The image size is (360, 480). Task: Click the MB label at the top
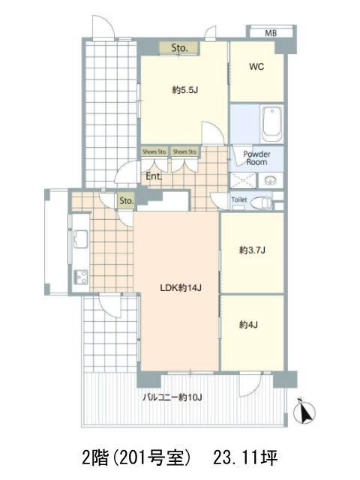pyautogui.click(x=271, y=33)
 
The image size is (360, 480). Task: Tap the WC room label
pyautogui.click(x=256, y=67)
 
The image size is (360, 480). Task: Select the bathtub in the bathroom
pyautogui.click(x=271, y=124)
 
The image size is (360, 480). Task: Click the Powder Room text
pyautogui.click(x=256, y=158)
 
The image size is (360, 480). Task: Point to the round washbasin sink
pyautogui.click(x=271, y=180)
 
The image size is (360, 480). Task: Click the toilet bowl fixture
pyautogui.click(x=261, y=202)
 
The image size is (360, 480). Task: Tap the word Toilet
pyautogui.click(x=239, y=199)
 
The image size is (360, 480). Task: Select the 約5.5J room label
pyautogui.click(x=185, y=90)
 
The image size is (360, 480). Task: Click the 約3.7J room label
pyautogui.click(x=252, y=250)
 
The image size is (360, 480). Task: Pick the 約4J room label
pyautogui.click(x=248, y=324)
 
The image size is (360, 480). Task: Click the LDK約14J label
pyautogui.click(x=181, y=288)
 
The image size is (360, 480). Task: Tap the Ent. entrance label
pyautogui.click(x=154, y=176)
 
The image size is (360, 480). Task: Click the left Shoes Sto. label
pyautogui.click(x=154, y=151)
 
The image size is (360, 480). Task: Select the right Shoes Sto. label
pyautogui.click(x=185, y=151)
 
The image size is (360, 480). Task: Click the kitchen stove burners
pyautogui.click(x=80, y=277)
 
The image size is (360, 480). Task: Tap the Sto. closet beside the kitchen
pyautogui.click(x=127, y=201)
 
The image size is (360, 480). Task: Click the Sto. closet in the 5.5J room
pyautogui.click(x=179, y=48)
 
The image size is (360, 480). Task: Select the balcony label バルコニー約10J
pyautogui.click(x=172, y=397)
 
